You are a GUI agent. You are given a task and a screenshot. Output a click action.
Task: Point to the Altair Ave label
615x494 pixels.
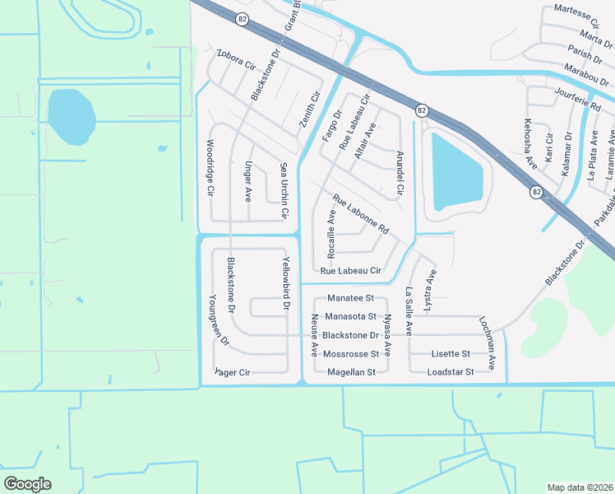pos(363,141)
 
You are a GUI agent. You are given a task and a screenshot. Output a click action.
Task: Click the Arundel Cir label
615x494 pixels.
pos(400,172)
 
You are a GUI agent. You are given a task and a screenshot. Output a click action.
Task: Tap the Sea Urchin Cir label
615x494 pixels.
pos(284,189)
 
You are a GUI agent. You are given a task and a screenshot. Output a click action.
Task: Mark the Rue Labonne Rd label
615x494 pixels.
pos(360,212)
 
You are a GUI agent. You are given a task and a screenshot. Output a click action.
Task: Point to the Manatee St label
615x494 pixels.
pos(350,297)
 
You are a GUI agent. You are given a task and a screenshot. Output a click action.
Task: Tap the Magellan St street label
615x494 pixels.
pos(351,372)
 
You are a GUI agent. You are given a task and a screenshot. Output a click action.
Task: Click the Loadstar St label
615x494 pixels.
pos(451,372)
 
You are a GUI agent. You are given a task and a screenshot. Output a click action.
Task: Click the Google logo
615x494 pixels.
pos(27,484)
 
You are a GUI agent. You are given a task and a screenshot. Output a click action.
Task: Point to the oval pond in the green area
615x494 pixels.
pos(71,115)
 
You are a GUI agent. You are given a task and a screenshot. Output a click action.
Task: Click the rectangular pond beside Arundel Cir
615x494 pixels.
pos(456,172)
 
